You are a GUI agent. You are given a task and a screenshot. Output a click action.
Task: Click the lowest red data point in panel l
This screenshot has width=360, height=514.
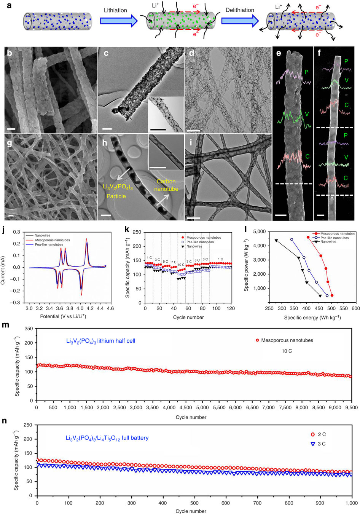pyautogui.click(x=332, y=295)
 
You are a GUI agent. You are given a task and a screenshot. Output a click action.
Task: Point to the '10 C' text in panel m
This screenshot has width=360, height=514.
pyautogui.click(x=287, y=351)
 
